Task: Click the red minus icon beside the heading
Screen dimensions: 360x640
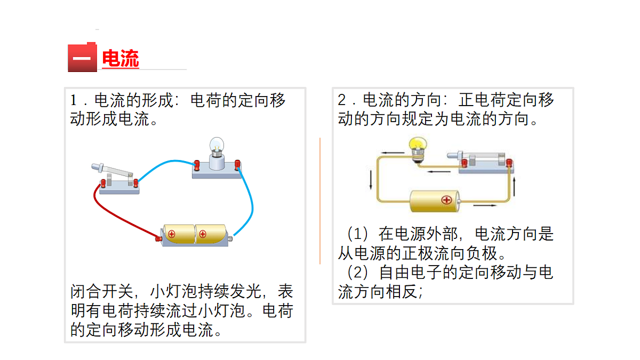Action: tap(82, 58)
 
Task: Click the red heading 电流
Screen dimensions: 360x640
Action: tap(120, 59)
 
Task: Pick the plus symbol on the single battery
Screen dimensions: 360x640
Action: tap(446, 200)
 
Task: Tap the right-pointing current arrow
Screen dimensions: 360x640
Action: tap(484, 205)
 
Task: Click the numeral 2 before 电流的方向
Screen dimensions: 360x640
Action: tap(342, 100)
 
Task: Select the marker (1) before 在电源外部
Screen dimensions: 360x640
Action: tap(358, 234)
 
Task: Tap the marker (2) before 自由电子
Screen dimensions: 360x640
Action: tap(358, 273)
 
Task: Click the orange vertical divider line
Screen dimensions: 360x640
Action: tap(320, 200)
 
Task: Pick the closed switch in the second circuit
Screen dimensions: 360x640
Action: tap(480, 159)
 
